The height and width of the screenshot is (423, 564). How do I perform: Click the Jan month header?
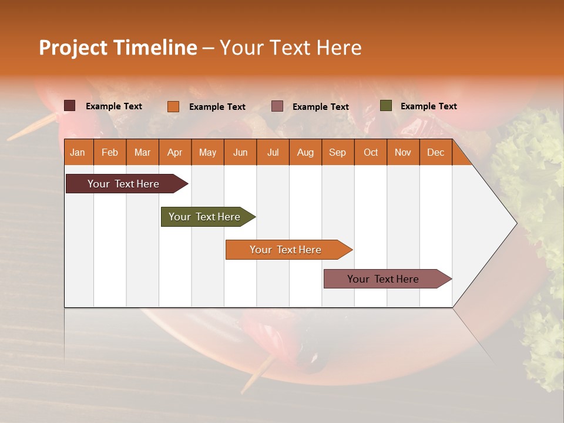click(78, 152)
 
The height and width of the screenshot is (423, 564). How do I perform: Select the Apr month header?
click(174, 152)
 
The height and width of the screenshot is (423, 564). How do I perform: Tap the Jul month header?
click(273, 152)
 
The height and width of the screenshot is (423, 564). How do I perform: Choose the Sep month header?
click(337, 152)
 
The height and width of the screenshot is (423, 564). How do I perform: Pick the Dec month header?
click(435, 152)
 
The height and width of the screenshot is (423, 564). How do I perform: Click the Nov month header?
click(402, 152)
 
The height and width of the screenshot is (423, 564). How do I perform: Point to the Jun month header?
click(240, 152)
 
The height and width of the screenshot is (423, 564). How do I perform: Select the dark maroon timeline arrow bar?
click(123, 184)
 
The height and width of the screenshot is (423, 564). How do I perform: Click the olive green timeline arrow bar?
click(204, 217)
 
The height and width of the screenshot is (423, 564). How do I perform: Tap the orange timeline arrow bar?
click(286, 250)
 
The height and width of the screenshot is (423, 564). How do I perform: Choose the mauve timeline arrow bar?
click(383, 279)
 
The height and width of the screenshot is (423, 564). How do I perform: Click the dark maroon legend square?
click(70, 106)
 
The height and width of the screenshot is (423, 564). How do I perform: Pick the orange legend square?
click(173, 106)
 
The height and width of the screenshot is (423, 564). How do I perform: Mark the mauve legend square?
click(277, 106)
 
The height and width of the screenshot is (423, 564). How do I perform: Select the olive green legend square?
click(385, 106)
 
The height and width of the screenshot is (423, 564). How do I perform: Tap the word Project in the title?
click(73, 48)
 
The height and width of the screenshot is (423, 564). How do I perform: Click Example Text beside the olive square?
click(428, 106)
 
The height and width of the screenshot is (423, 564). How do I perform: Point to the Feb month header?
click(110, 152)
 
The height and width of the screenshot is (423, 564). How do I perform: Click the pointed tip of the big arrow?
click(515, 223)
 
